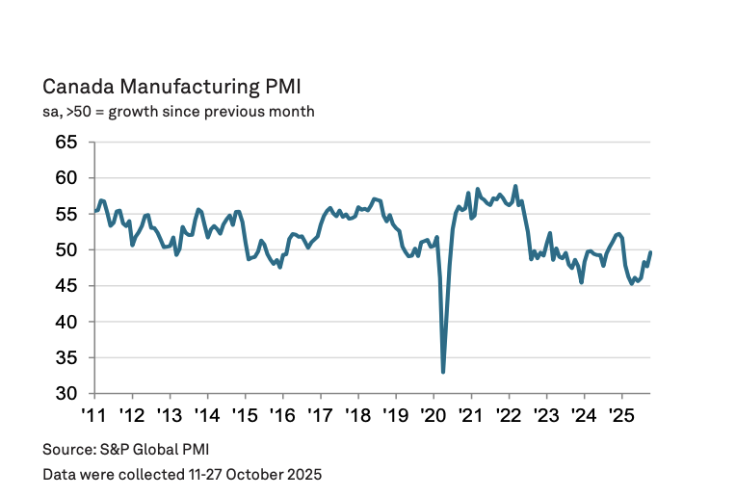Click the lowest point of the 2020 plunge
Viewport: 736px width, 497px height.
(x=443, y=372)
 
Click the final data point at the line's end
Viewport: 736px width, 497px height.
(x=650, y=252)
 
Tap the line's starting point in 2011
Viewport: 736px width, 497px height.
(x=94, y=210)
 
